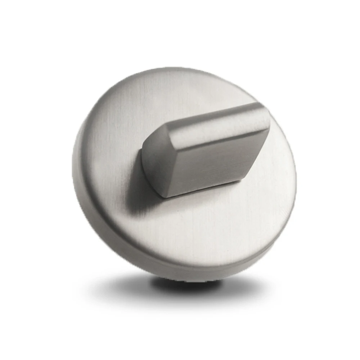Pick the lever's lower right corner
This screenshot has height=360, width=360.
248,176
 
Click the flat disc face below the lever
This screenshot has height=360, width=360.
202,230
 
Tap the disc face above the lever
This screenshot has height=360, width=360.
187,94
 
